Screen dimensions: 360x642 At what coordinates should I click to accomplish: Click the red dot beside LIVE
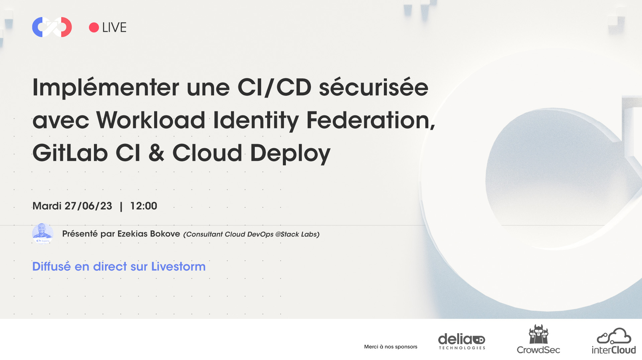click(x=94, y=27)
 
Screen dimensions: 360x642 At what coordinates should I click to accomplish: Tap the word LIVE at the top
click(x=114, y=27)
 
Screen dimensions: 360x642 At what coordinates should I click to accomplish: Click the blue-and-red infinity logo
click(x=52, y=27)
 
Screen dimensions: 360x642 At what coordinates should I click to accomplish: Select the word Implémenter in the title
click(x=106, y=88)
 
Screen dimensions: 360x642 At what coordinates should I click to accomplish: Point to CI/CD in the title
click(x=274, y=88)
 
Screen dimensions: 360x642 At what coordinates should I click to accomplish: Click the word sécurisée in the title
click(x=373, y=88)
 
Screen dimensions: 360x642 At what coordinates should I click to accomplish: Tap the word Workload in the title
click(x=151, y=120)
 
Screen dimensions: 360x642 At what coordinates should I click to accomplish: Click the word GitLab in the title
click(x=70, y=153)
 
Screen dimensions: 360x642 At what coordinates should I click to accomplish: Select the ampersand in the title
click(x=156, y=153)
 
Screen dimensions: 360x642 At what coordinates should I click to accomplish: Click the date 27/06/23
click(x=88, y=206)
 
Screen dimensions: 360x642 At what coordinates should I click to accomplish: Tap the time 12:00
click(x=143, y=206)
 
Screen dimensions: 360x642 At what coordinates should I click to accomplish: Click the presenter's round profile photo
click(x=42, y=234)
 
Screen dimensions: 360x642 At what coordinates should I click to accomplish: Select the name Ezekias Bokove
click(x=149, y=234)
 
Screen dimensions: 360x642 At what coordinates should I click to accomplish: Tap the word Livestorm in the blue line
click(x=178, y=267)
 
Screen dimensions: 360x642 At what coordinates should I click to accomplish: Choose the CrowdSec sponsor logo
click(x=538, y=339)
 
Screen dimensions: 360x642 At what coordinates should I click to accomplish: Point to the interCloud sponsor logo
click(x=614, y=341)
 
